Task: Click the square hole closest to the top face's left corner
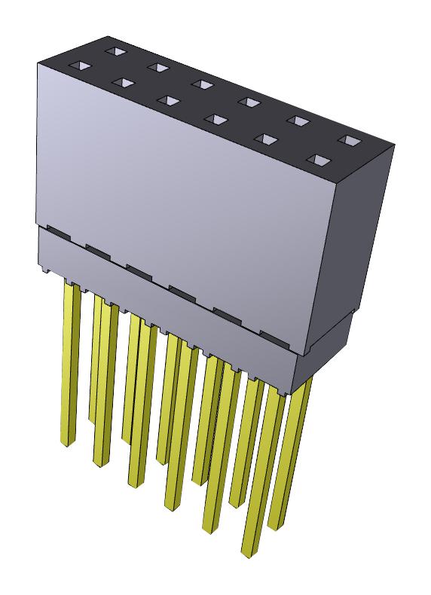(79, 66)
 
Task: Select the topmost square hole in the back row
(115, 50)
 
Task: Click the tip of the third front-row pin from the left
(135, 484)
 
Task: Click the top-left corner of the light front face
(38, 63)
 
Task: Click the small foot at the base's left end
(46, 270)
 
